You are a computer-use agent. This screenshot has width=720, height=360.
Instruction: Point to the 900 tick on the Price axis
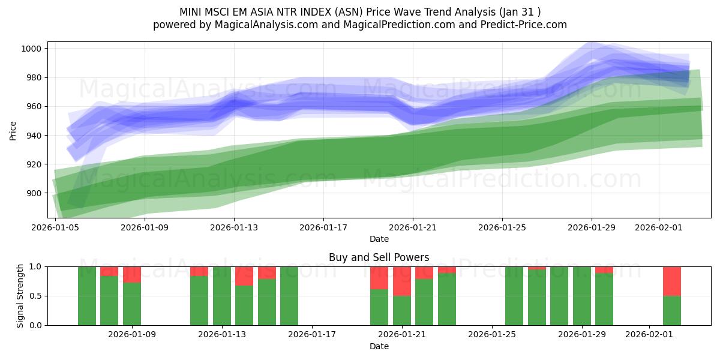[x=35, y=193]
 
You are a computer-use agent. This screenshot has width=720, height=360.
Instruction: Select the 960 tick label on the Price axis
[x=35, y=106]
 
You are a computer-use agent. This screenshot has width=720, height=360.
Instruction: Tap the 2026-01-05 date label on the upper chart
[x=56, y=227]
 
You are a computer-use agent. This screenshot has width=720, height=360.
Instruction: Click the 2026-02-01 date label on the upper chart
[x=659, y=227]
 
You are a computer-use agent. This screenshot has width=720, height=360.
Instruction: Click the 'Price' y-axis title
[x=13, y=130]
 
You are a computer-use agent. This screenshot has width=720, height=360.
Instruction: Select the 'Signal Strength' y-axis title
[x=20, y=296]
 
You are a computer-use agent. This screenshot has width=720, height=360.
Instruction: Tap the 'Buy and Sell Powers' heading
[x=379, y=257]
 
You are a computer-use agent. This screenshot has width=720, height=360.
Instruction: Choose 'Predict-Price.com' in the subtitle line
[x=519, y=25]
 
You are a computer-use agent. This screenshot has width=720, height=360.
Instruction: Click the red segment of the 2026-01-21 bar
[x=402, y=281]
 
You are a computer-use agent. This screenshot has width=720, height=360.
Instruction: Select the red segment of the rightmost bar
[x=672, y=281]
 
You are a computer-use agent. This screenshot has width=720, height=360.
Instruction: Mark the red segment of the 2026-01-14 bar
[x=244, y=276]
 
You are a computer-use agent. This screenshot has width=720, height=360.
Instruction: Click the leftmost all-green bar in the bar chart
[x=87, y=296]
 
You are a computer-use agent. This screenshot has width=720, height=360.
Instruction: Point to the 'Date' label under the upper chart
[x=379, y=239]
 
